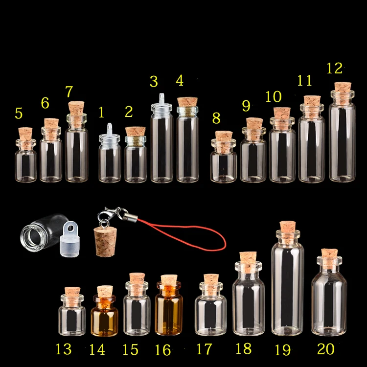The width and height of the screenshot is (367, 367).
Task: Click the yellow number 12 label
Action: pyautogui.click(x=334, y=68)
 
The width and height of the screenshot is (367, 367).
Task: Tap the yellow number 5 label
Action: pyautogui.click(x=19, y=114)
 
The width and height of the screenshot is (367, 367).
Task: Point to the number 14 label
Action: pyautogui.click(x=96, y=349)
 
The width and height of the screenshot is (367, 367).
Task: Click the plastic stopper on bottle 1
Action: pyautogui.click(x=110, y=132)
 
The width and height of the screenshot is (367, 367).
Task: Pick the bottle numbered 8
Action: pyautogui.click(x=223, y=164)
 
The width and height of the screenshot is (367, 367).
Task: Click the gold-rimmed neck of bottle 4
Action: pyautogui.click(x=187, y=112)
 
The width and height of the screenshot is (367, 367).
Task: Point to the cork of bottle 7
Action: pyautogui.click(x=76, y=109)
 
